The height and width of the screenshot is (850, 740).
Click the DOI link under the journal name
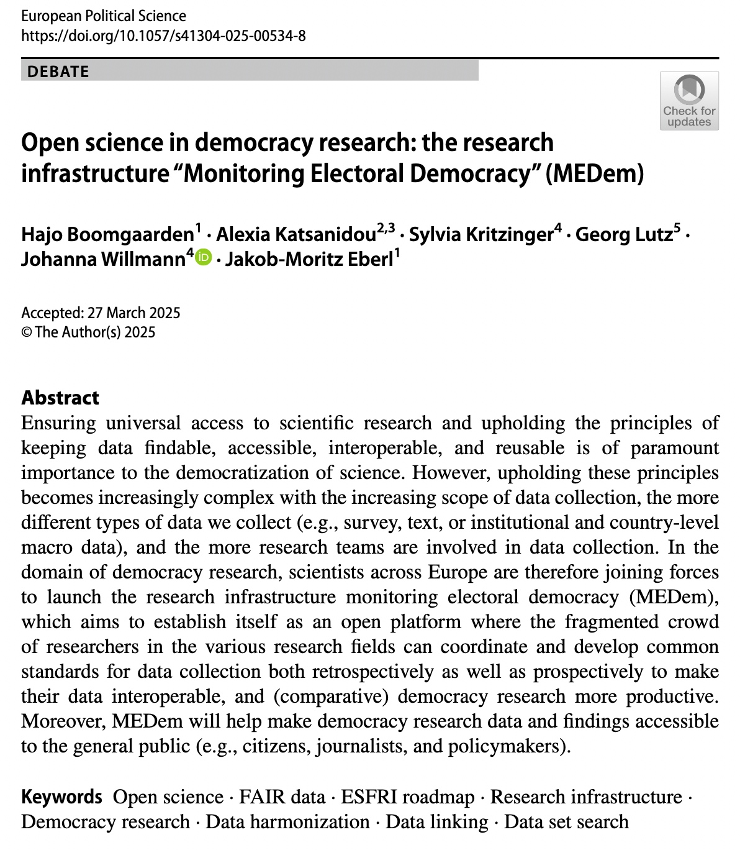pyautogui.click(x=163, y=35)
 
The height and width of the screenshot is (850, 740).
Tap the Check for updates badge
pyautogui.click(x=689, y=101)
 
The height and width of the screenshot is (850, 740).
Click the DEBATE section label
pyautogui.click(x=58, y=71)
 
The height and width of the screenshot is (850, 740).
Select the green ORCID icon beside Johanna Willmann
pyautogui.click(x=204, y=257)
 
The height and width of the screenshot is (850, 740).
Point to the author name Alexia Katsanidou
pyautogui.click(x=296, y=234)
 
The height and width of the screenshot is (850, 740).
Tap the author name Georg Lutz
pyautogui.click(x=624, y=234)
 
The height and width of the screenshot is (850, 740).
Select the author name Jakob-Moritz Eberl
pyautogui.click(x=309, y=259)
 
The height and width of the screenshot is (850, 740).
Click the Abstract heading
pyautogui.click(x=60, y=398)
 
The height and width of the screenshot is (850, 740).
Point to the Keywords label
pyautogui.click(x=61, y=797)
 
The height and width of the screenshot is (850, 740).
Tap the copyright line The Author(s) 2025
pyautogui.click(x=94, y=332)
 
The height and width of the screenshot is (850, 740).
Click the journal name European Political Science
pyautogui.click(x=104, y=16)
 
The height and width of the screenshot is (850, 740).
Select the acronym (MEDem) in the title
pyautogui.click(x=595, y=173)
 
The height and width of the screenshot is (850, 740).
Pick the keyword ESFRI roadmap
pyautogui.click(x=407, y=797)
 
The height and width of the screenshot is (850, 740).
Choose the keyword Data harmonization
pyautogui.click(x=287, y=822)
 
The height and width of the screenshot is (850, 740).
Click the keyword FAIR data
pyautogui.click(x=282, y=797)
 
